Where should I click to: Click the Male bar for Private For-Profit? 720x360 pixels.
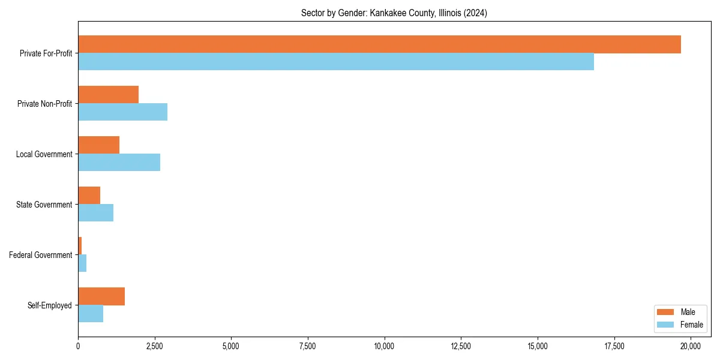pos(379,44)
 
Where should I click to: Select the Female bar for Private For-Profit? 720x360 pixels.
pos(336,62)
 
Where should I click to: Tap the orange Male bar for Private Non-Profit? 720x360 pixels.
pos(108,95)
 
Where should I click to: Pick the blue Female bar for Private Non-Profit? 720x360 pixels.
pos(122,112)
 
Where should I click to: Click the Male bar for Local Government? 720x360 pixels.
pos(98,145)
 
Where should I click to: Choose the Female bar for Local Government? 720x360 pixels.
pos(119,163)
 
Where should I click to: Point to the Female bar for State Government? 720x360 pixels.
pos(95,213)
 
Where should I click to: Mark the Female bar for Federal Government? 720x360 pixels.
pos(82,263)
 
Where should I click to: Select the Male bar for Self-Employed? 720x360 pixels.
pos(101,296)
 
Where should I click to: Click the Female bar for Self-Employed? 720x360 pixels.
pos(91,314)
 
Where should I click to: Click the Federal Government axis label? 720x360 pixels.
pos(41,255)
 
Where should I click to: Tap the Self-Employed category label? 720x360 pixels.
pos(50,305)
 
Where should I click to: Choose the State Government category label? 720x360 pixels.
pos(44,205)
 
